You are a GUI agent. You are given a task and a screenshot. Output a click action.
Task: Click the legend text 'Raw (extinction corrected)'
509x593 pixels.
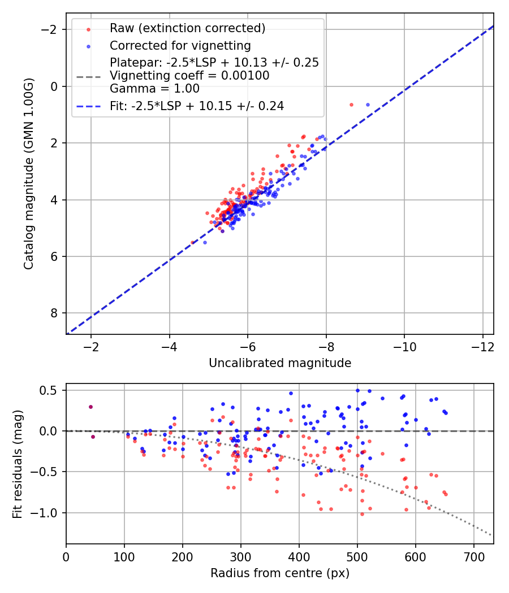tap(187, 28)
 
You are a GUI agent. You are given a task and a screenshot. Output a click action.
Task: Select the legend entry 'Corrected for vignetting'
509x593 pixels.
tap(180, 45)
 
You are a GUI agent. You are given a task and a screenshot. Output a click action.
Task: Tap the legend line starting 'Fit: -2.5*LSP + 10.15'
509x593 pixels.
tap(197, 106)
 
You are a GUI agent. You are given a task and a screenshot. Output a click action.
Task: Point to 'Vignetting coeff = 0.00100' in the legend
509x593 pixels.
tap(189, 75)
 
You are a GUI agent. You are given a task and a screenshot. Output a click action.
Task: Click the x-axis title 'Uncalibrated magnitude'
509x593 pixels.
tap(280, 363)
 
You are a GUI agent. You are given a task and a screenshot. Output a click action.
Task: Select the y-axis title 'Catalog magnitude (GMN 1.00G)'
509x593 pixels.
tap(29, 174)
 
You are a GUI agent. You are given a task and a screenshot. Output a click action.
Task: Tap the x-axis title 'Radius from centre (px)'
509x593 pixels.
tap(280, 573)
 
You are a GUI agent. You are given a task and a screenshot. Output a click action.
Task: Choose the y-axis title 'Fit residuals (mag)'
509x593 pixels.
tap(18, 464)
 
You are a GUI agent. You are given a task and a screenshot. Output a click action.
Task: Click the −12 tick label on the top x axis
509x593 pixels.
tap(482, 346)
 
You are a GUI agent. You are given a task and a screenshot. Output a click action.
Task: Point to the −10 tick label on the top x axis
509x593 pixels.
tap(404, 346)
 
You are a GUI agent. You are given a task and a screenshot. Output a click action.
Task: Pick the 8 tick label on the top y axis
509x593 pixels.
tap(55, 313)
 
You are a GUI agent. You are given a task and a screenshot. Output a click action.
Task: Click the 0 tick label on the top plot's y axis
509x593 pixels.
tap(55, 86)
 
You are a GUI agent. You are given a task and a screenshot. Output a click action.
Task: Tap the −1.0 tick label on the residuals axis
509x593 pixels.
tap(48, 513)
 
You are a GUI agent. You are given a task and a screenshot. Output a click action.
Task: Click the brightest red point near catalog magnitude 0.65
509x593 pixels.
tap(351, 104)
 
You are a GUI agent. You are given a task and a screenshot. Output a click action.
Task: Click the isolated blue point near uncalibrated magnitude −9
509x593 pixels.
tap(368, 104)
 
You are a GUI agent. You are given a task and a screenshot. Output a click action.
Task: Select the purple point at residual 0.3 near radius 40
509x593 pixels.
tap(90, 407)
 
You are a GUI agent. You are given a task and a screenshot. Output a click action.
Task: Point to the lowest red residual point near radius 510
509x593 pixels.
tap(362, 514)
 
